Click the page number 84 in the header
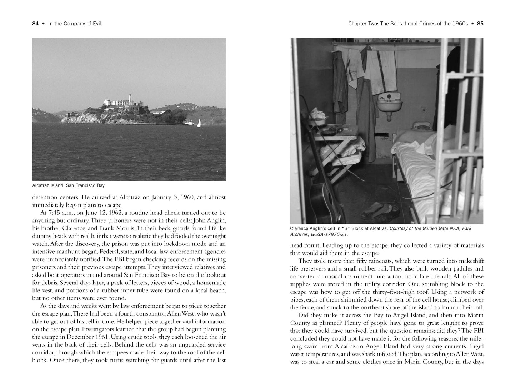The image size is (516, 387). click(x=35, y=24)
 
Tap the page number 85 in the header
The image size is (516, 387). click(x=480, y=24)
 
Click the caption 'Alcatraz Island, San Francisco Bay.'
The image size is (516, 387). click(x=69, y=185)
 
